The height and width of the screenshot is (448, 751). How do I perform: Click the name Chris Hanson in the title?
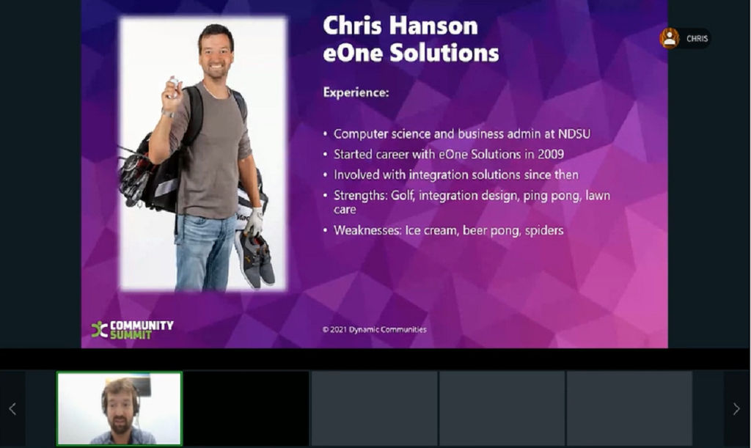(x=400, y=26)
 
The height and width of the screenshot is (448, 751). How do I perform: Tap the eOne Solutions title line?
(x=411, y=53)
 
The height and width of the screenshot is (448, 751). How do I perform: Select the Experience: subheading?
(x=356, y=92)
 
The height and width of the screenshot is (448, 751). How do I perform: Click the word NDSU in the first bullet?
(x=574, y=133)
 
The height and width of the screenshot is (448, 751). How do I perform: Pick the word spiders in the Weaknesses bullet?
(x=544, y=231)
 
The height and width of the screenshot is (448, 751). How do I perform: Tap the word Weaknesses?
(x=367, y=230)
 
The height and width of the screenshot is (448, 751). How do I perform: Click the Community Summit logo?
(x=132, y=329)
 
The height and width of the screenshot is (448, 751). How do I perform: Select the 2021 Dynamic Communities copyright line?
(x=374, y=329)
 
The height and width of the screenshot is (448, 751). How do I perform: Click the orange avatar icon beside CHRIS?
(x=669, y=38)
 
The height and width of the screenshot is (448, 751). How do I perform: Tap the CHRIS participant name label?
(x=697, y=39)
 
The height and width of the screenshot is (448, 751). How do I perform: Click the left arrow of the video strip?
(x=12, y=408)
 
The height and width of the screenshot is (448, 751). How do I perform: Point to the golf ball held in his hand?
(x=174, y=82)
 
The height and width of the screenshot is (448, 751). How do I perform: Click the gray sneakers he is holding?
(x=255, y=258)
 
